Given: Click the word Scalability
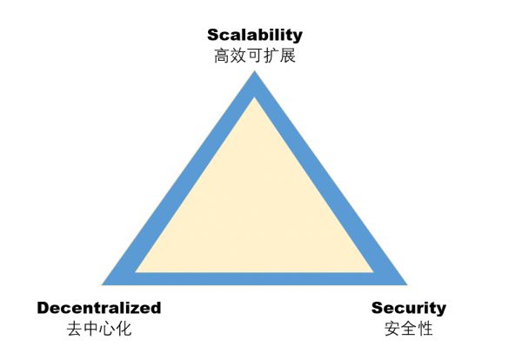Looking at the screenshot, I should (254, 35).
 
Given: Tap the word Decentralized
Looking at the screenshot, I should (99, 307).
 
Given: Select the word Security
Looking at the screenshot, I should (408, 307).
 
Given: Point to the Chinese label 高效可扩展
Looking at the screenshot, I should (254, 56).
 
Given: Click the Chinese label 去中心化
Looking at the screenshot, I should (99, 329).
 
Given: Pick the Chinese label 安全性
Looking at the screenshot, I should (408, 329).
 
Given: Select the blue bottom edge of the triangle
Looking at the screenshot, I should (254, 278).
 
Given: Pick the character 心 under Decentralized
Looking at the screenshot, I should (107, 329).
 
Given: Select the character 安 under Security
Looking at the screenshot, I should (392, 329).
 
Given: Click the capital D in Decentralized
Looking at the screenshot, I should (43, 307).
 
